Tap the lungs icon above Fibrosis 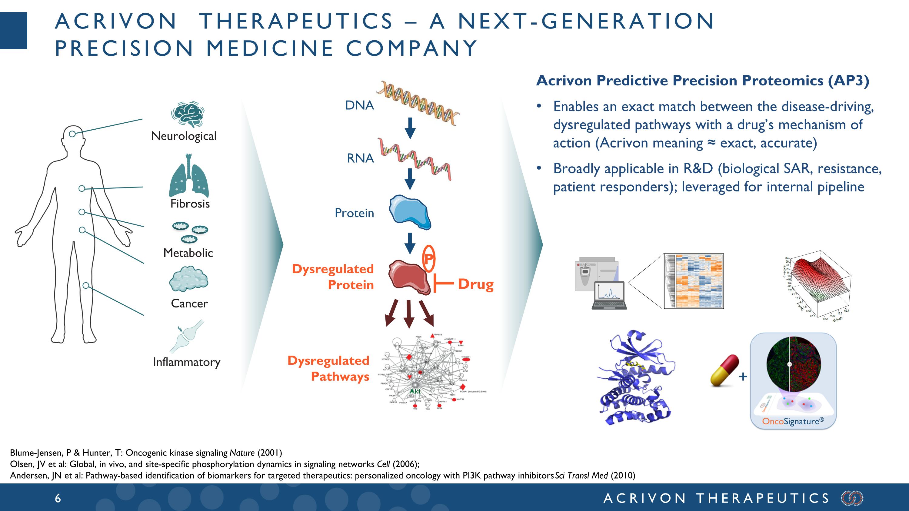point(189,176)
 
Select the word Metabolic point(188,253)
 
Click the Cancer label point(189,303)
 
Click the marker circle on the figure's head point(72,134)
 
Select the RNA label point(360,158)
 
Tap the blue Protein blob point(410,212)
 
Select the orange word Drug point(475,284)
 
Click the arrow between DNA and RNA point(410,128)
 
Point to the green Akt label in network point(415,391)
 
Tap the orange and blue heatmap point(693,281)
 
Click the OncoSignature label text point(793,421)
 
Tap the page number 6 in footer point(58,498)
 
